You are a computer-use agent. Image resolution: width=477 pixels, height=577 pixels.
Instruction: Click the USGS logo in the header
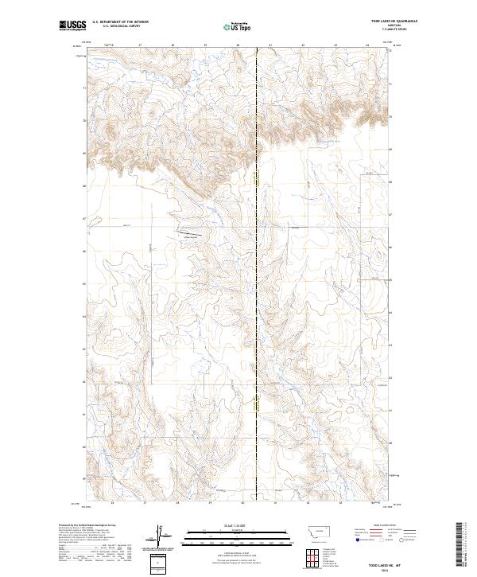coord(72,25)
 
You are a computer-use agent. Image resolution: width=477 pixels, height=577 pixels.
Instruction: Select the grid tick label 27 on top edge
coord(139,45)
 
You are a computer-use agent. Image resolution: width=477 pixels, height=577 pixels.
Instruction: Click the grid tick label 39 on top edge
coord(205,45)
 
